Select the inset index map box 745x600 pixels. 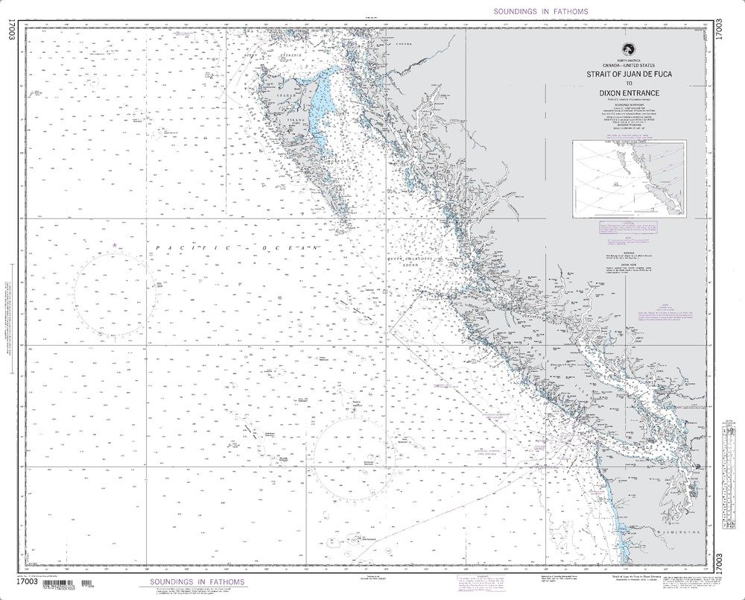629,178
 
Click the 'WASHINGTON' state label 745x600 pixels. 678,534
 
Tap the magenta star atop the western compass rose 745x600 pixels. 114,245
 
